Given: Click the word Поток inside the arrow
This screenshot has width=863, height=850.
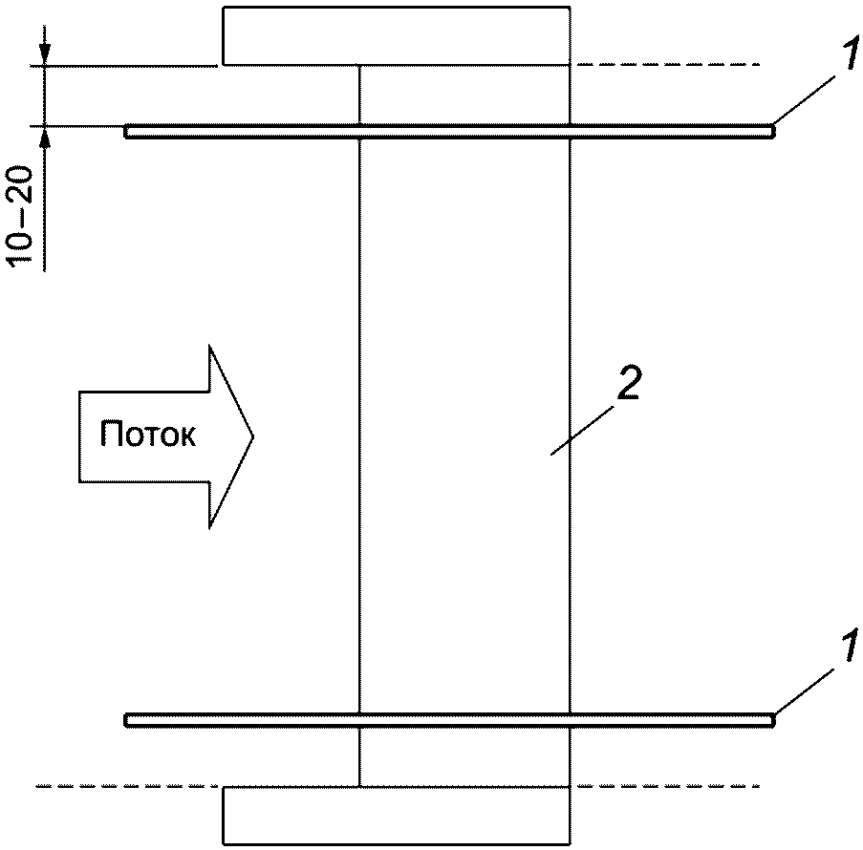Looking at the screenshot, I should point(148,436).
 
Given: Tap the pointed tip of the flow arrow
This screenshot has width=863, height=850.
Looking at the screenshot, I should point(252,436).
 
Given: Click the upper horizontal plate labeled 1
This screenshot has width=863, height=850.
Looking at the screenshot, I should point(449,132).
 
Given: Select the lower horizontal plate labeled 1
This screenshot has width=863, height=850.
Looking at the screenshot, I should point(449,720).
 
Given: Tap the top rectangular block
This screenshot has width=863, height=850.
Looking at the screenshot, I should point(397,35).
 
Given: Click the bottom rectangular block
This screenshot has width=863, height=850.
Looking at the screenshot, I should point(397,816).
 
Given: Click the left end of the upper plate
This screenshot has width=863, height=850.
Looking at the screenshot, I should point(128,132).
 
